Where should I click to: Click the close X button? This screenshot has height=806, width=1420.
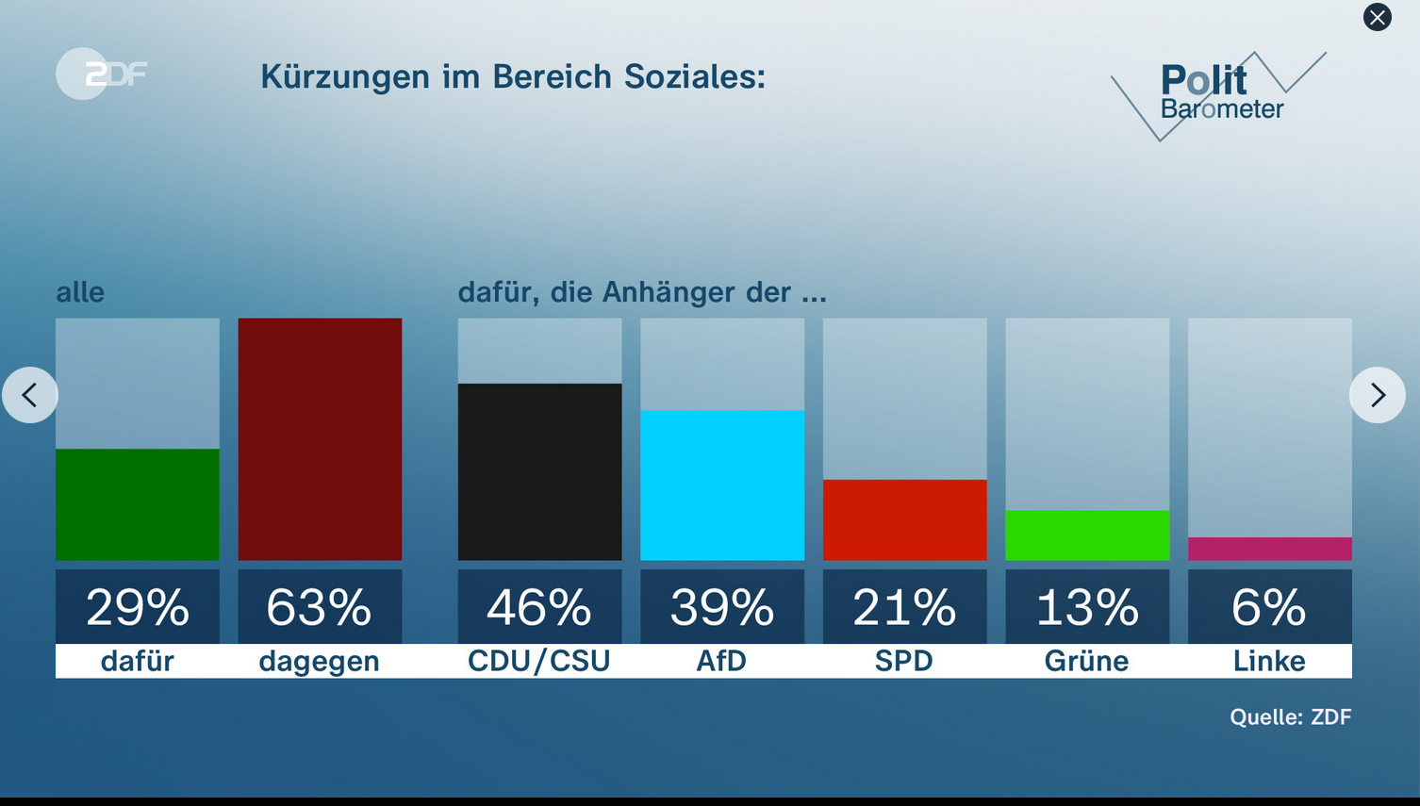click(x=1377, y=17)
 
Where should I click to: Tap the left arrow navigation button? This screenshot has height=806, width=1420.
click(x=30, y=395)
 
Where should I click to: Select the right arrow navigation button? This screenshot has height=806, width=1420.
click(x=1377, y=395)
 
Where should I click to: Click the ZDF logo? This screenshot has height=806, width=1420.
click(x=102, y=74)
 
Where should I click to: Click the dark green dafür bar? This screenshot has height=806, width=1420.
click(x=138, y=504)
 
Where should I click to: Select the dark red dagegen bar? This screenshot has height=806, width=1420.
click(x=320, y=439)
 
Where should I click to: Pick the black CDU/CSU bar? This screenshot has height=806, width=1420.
click(x=539, y=471)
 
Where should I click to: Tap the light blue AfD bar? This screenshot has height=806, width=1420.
click(x=722, y=485)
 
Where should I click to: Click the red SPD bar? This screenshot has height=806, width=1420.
click(x=904, y=519)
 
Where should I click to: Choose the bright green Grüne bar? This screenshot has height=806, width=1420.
click(x=1087, y=535)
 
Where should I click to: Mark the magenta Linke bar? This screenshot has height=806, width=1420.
click(x=1269, y=549)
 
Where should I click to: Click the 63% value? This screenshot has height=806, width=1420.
click(x=320, y=607)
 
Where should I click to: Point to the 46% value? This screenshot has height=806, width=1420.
click(x=539, y=607)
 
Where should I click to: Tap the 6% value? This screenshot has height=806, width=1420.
click(x=1269, y=607)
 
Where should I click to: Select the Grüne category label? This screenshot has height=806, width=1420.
click(x=1086, y=661)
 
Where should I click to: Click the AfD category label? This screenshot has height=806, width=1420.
click(x=721, y=661)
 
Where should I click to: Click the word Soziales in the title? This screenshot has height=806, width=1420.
click(x=694, y=76)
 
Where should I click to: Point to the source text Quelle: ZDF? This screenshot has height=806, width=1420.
click(x=1290, y=717)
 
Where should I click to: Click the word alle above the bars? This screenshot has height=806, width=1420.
click(x=80, y=292)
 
